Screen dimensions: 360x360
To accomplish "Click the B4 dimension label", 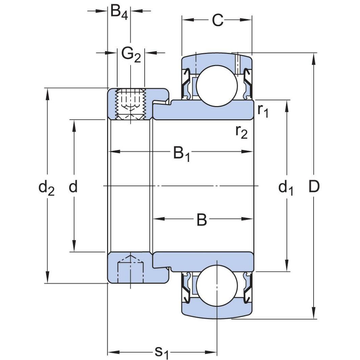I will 119,13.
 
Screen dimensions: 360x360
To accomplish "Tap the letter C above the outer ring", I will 218,20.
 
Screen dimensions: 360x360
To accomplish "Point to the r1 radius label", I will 263,110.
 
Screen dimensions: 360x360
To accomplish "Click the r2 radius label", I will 242,132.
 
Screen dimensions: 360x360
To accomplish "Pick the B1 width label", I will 182,153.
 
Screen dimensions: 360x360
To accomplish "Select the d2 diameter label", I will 46,188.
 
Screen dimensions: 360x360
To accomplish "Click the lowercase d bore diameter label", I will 73,186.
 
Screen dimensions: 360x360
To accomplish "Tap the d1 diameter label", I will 286,188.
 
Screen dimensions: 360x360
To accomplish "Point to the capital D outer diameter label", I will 314,186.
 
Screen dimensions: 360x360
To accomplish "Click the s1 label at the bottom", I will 161,352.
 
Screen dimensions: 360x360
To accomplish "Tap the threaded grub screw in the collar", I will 131,104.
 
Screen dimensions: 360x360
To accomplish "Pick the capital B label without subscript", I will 202,220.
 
